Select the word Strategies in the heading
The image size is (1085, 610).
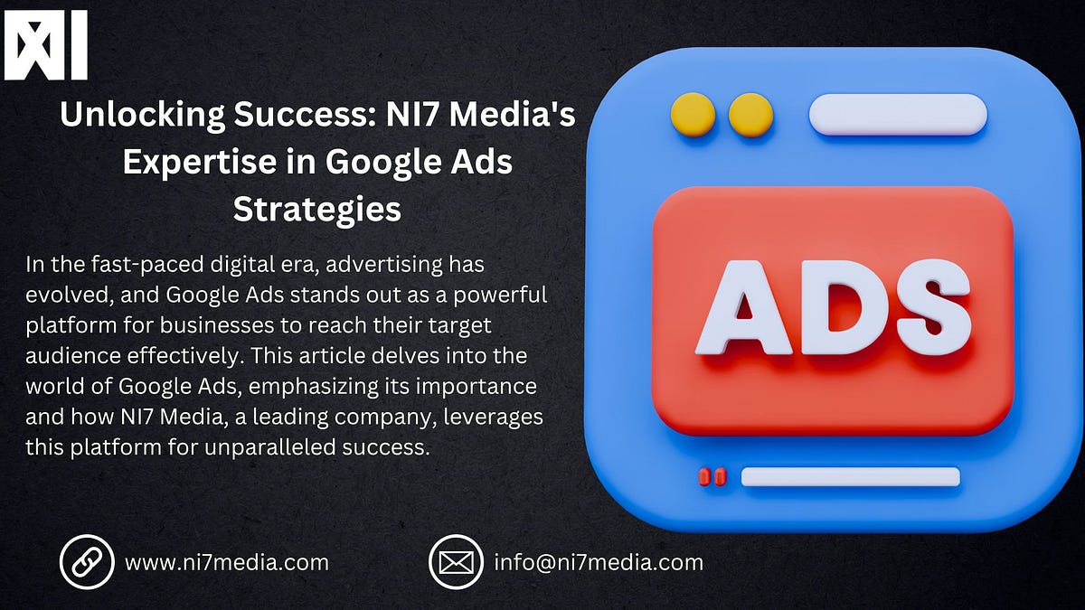(316, 209)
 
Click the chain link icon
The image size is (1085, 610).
(87, 562)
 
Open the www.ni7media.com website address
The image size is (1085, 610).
(226, 562)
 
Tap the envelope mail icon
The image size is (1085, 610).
(456, 562)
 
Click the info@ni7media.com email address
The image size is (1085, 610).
(598, 562)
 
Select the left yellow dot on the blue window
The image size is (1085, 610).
(693, 115)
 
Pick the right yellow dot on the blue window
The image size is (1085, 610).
(750, 115)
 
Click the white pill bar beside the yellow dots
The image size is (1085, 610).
(897, 115)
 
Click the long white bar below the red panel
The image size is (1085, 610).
(850, 476)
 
